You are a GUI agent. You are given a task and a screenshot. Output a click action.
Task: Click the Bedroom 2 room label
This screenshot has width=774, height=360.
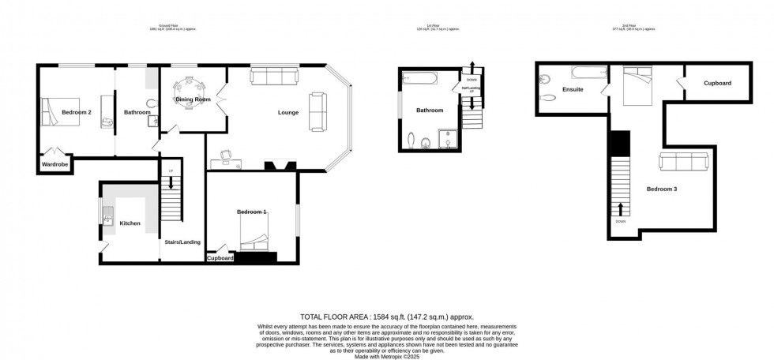coord(77,112)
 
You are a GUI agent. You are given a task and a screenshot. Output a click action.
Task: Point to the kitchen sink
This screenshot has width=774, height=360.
coord(107,216)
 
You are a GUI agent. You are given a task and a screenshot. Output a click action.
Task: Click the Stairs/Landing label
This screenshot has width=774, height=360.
coord(182,242)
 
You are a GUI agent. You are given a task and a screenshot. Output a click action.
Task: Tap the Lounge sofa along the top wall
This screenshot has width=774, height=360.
coord(274,77)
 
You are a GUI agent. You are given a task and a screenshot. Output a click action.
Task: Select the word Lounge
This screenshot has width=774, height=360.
coord(287,112)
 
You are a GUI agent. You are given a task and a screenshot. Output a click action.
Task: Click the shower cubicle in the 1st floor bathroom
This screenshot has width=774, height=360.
coord(447,141)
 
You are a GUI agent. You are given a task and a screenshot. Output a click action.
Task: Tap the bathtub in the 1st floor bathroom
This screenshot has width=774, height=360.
coord(418,78)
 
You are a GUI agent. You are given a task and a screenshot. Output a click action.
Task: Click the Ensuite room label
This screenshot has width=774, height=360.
coord(572,89)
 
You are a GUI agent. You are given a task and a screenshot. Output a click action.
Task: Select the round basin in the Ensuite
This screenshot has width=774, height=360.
coord(548,78)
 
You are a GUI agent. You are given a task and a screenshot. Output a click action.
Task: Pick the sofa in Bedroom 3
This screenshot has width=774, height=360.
coord(683,163)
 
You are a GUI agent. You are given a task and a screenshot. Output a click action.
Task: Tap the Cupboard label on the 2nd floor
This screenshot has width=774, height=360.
coord(717,83)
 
